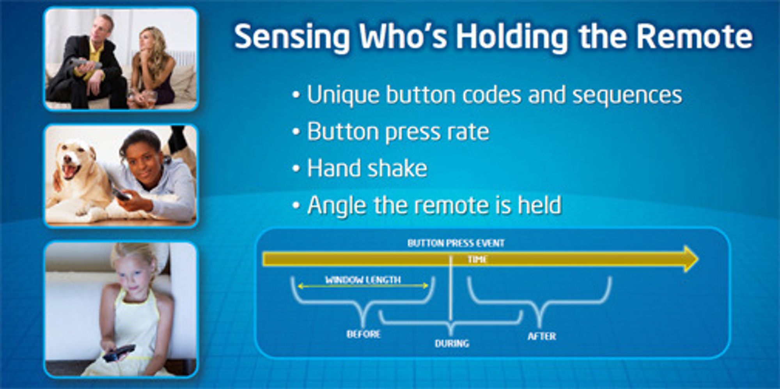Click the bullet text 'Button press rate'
click(x=398, y=132)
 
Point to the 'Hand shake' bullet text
click(x=367, y=168)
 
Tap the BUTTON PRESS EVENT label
click(x=456, y=243)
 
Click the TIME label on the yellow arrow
click(x=477, y=259)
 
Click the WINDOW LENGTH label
click(x=363, y=279)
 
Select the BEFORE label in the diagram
click(x=363, y=334)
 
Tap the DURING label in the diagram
click(x=452, y=343)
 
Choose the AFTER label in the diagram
click(x=542, y=336)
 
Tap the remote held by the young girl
click(x=119, y=352)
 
